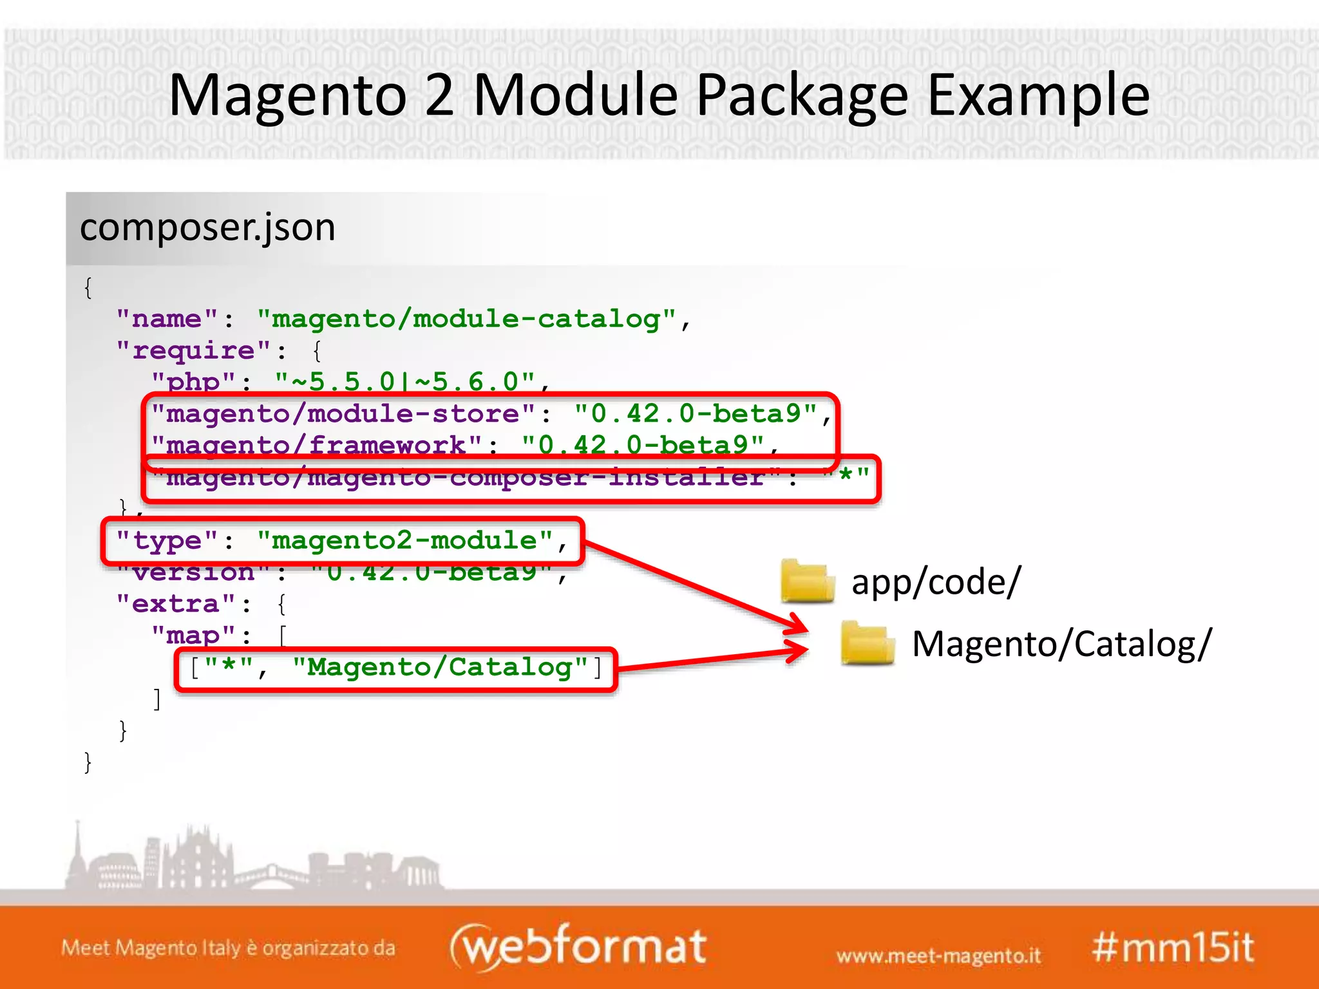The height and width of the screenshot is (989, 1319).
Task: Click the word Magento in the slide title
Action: (287, 97)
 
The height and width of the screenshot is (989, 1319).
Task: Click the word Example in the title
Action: (1038, 97)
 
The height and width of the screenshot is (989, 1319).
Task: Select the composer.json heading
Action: (207, 228)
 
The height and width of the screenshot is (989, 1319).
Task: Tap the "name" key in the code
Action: (167, 319)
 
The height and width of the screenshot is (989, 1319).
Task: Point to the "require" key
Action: (193, 351)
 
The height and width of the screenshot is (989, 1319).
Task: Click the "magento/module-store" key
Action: (343, 414)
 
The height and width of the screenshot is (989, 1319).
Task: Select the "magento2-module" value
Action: (405, 541)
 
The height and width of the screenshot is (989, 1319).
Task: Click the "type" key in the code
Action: (167, 541)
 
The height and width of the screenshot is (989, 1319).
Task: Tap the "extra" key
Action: (176, 604)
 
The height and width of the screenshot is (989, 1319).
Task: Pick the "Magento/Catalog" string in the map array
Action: (440, 668)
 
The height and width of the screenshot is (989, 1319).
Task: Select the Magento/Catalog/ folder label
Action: (1062, 645)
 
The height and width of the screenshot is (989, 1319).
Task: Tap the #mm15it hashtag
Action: (1173, 948)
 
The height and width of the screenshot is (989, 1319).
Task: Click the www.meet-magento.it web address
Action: (938, 956)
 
